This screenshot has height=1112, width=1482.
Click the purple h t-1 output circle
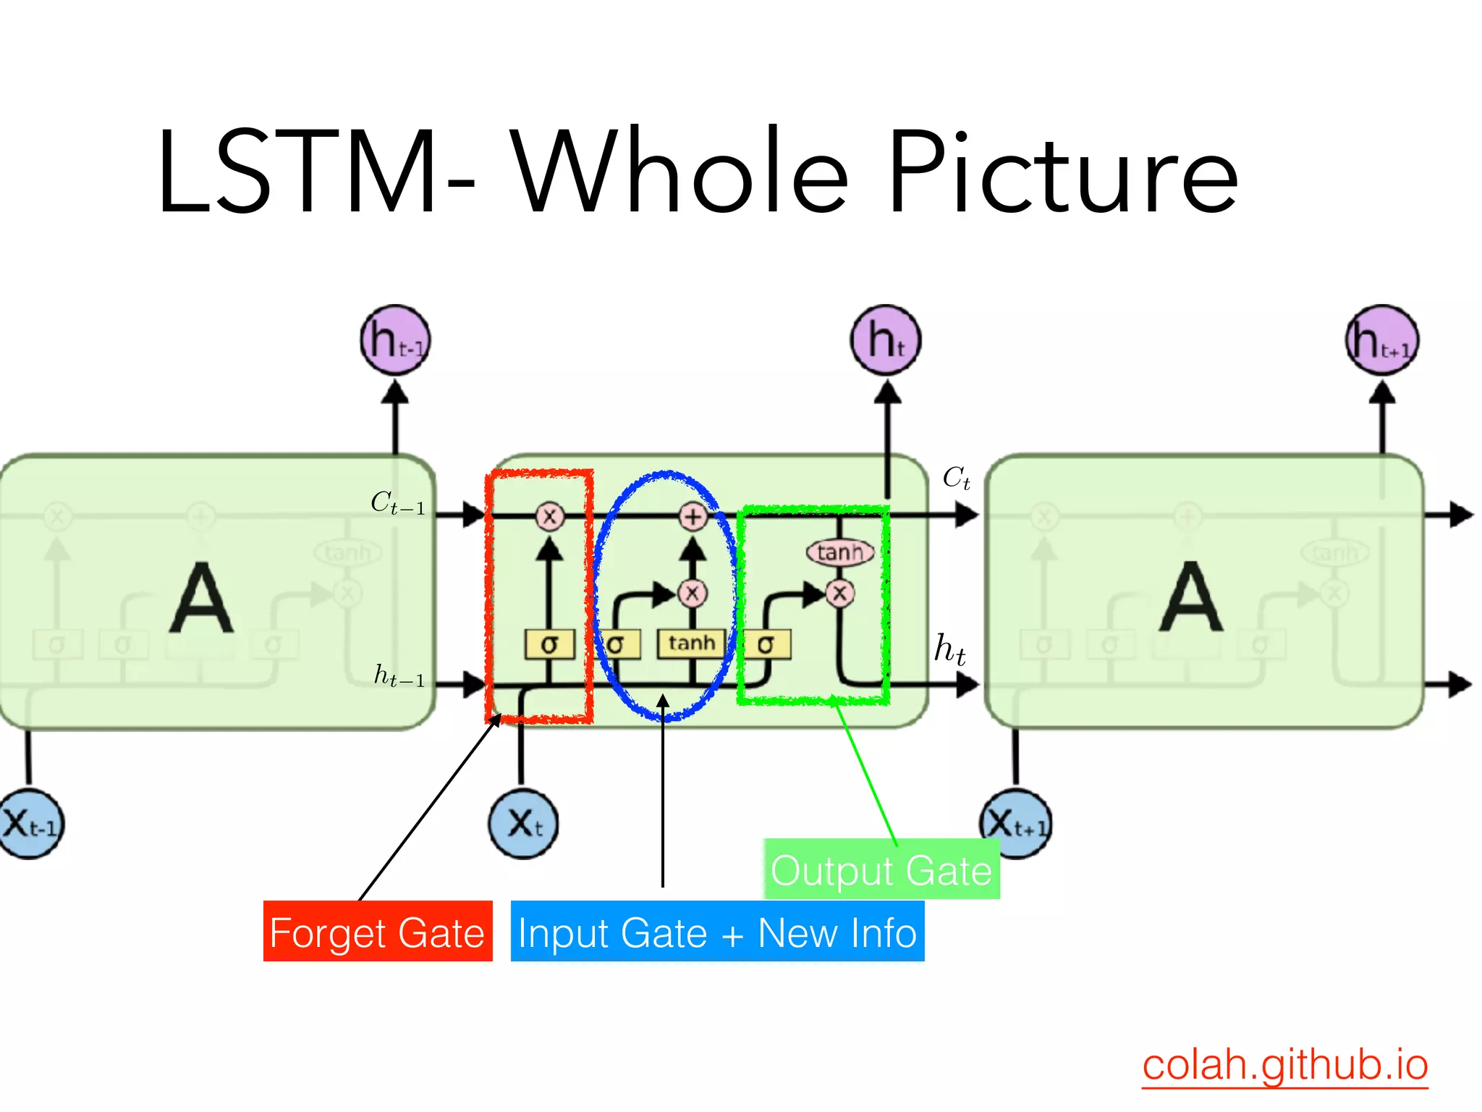tap(395, 340)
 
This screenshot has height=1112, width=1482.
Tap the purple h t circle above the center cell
tap(886, 340)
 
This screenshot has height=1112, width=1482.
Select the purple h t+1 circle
tap(1382, 340)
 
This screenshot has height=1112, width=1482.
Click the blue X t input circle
tap(523, 824)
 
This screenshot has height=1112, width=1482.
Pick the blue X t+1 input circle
tap(1016, 824)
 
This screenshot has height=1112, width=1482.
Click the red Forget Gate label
tap(377, 932)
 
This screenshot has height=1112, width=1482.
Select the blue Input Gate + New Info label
tap(717, 932)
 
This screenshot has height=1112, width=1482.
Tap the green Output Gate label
tap(881, 869)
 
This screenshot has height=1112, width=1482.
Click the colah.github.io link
tap(1284, 1064)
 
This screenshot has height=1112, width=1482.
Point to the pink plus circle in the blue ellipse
tap(693, 516)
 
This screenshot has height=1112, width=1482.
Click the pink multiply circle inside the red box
tap(549, 516)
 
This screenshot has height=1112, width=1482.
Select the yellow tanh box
tap(691, 644)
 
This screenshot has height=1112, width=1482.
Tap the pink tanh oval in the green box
tap(839, 553)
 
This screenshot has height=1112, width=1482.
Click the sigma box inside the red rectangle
tap(549, 644)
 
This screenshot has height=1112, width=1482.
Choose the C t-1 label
tap(397, 502)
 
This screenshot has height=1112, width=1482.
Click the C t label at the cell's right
tap(956, 478)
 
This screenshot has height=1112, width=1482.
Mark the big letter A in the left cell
tap(201, 599)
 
